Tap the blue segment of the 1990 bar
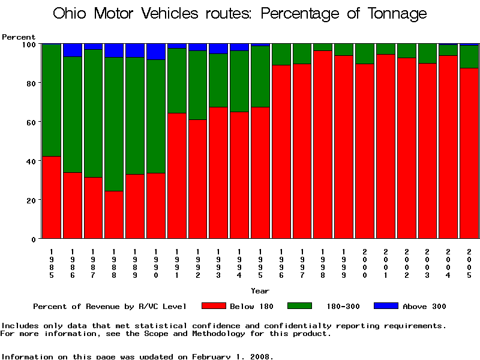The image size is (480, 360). pyautogui.click(x=156, y=52)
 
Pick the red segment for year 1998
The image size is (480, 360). pyautogui.click(x=323, y=145)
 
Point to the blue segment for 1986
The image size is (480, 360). pyautogui.click(x=73, y=50)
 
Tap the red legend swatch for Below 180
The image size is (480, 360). pyautogui.click(x=214, y=306)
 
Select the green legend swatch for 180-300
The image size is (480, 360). pyautogui.click(x=300, y=306)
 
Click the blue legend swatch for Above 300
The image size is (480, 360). pyautogui.click(x=386, y=306)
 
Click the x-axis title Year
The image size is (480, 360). pyautogui.click(x=260, y=291)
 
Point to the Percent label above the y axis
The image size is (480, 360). pyautogui.click(x=19, y=37)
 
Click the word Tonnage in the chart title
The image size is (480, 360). pyautogui.click(x=395, y=13)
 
